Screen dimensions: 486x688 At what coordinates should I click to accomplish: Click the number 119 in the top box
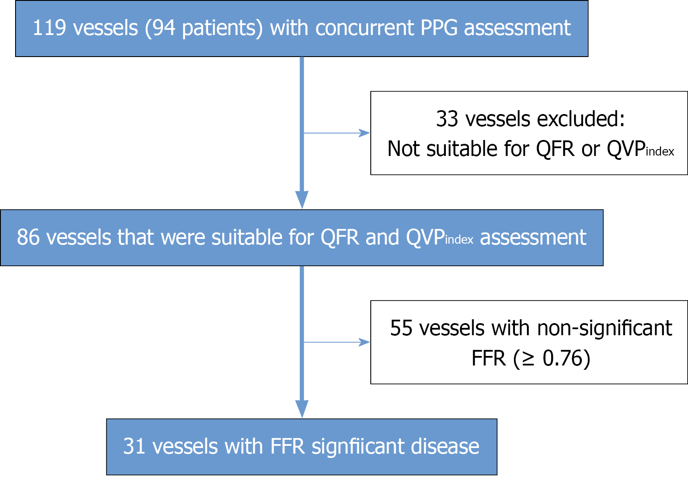point(49,28)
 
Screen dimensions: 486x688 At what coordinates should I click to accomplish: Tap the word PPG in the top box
point(439,28)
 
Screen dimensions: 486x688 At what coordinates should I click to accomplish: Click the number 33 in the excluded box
point(447,119)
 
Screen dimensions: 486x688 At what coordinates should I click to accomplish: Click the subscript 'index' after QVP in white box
point(660,152)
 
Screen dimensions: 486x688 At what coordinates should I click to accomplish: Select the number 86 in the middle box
point(28,238)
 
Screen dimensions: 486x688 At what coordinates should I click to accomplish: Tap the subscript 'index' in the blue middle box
point(459,240)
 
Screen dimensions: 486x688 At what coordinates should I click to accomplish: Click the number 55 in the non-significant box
point(401,328)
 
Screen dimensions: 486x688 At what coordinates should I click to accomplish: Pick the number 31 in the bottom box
point(134,447)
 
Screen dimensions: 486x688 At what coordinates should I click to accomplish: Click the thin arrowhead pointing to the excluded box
point(365,133)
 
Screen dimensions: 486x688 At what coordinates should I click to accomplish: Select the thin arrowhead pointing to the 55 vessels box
point(365,343)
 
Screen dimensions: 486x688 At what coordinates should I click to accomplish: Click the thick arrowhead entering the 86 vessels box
point(302,200)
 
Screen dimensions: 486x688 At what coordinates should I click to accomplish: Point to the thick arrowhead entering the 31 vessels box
point(302,409)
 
